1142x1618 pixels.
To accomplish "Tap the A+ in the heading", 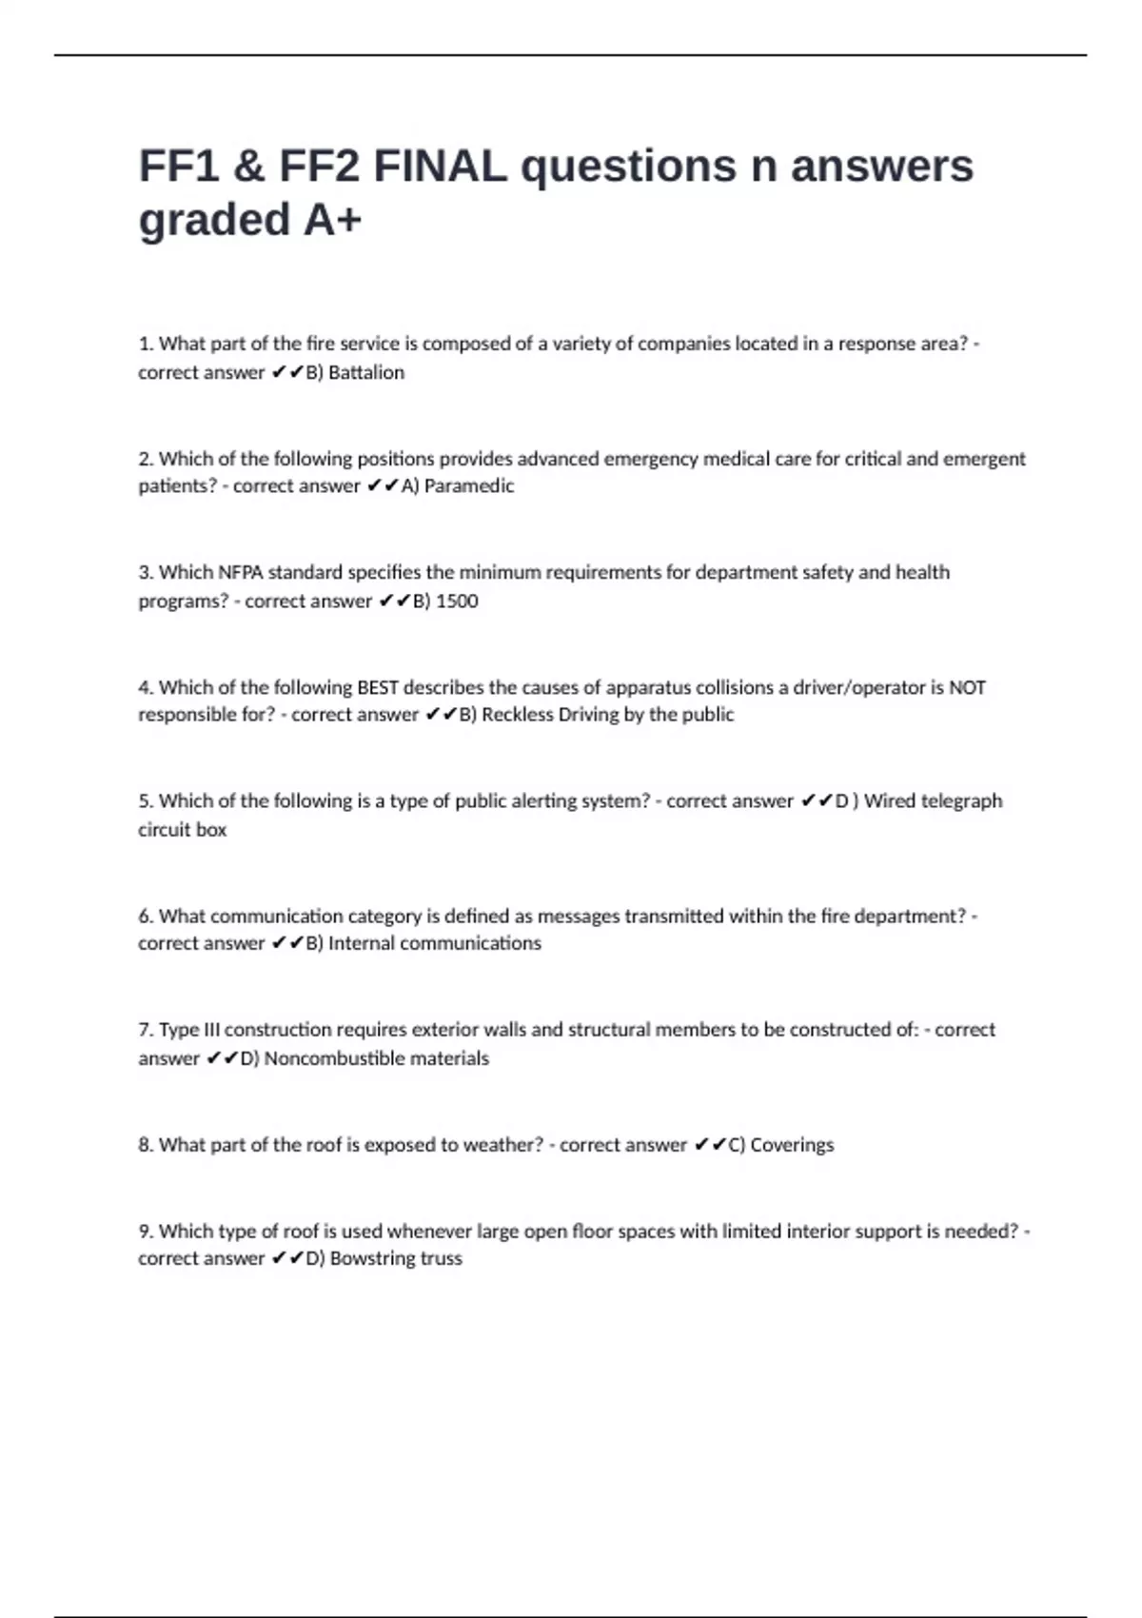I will (332, 220).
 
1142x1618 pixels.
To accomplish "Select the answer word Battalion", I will (366, 372).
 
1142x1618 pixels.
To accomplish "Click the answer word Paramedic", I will (469, 486).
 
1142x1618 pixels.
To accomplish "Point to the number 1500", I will (457, 602).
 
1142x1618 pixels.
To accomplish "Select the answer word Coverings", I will (792, 1145).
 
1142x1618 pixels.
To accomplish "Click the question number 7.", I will (145, 1030).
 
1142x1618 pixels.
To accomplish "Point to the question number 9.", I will (145, 1232).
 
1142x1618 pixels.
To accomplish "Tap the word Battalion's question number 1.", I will (145, 344).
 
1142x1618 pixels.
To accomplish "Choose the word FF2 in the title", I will (319, 167).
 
